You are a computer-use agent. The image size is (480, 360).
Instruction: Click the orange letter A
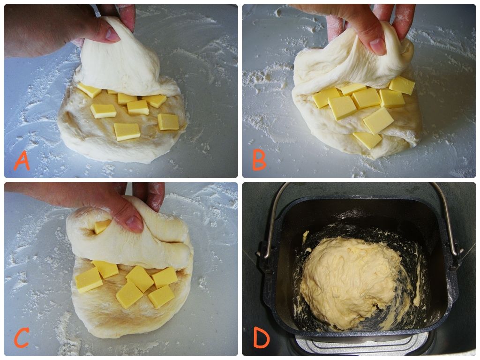click(22, 161)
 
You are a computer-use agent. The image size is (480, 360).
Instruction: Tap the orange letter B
click(259, 161)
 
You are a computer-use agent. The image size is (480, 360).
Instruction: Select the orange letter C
click(22, 337)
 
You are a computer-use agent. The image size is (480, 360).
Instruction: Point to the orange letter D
click(262, 338)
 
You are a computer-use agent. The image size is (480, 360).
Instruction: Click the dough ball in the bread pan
click(351, 283)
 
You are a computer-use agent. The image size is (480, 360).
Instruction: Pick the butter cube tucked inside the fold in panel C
click(102, 226)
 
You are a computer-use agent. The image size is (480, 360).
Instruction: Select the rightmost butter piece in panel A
click(168, 122)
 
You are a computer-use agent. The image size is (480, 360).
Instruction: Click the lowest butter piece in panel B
click(367, 140)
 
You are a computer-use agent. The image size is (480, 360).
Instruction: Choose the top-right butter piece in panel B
click(402, 85)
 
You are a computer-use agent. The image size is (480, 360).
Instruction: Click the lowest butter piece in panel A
click(127, 132)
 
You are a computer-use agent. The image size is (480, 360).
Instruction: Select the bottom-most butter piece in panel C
click(161, 296)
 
